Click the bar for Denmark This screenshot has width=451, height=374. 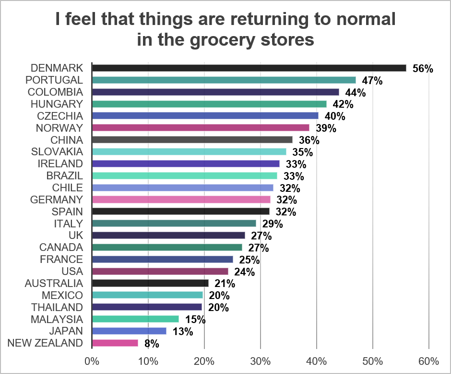tap(249, 68)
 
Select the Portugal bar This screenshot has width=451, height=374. tap(224, 80)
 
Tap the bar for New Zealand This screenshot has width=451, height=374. tap(115, 343)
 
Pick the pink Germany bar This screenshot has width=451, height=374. tap(181, 199)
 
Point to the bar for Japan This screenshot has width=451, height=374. tap(129, 331)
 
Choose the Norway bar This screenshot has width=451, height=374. tap(201, 128)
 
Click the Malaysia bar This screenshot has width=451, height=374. tap(135, 319)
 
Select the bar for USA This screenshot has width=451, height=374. tap(160, 271)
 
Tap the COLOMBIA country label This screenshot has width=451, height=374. tap(55, 92)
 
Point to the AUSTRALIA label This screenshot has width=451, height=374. tap(54, 283)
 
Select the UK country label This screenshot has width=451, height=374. tap(76, 235)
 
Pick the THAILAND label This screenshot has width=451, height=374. tap(57, 307)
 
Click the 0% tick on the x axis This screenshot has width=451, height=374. tap(92, 361)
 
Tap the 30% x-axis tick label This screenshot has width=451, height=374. tap(261, 361)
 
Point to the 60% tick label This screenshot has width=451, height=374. tap(429, 361)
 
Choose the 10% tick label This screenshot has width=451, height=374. tap(148, 361)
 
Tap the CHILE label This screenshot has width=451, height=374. tap(67, 187)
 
